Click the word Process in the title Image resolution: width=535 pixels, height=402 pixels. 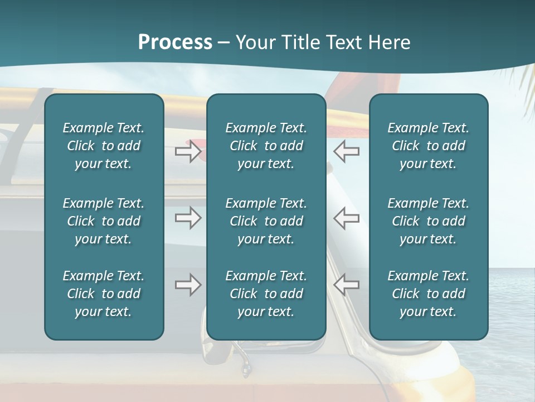[175, 42]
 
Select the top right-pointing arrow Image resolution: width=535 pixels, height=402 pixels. [188, 151]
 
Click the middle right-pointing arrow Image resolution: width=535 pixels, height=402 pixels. [188, 218]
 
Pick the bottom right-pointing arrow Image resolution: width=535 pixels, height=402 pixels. [188, 285]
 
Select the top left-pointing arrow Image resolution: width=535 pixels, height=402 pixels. [346, 151]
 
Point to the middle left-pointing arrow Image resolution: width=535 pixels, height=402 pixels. [346, 218]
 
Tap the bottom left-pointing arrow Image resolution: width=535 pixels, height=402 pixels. [346, 285]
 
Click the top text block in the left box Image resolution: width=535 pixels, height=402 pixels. [104, 146]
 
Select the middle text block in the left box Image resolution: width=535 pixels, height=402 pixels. [104, 221]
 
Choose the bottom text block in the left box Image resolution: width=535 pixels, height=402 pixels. [104, 294]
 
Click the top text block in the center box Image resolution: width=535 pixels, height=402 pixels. [266, 146]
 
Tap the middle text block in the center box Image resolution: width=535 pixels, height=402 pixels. [266, 221]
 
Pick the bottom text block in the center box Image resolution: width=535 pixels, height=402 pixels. [266, 294]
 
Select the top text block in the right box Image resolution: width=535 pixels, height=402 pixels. [429, 146]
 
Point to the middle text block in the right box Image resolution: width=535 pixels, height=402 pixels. [429, 221]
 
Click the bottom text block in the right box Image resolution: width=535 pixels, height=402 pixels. [429, 294]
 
